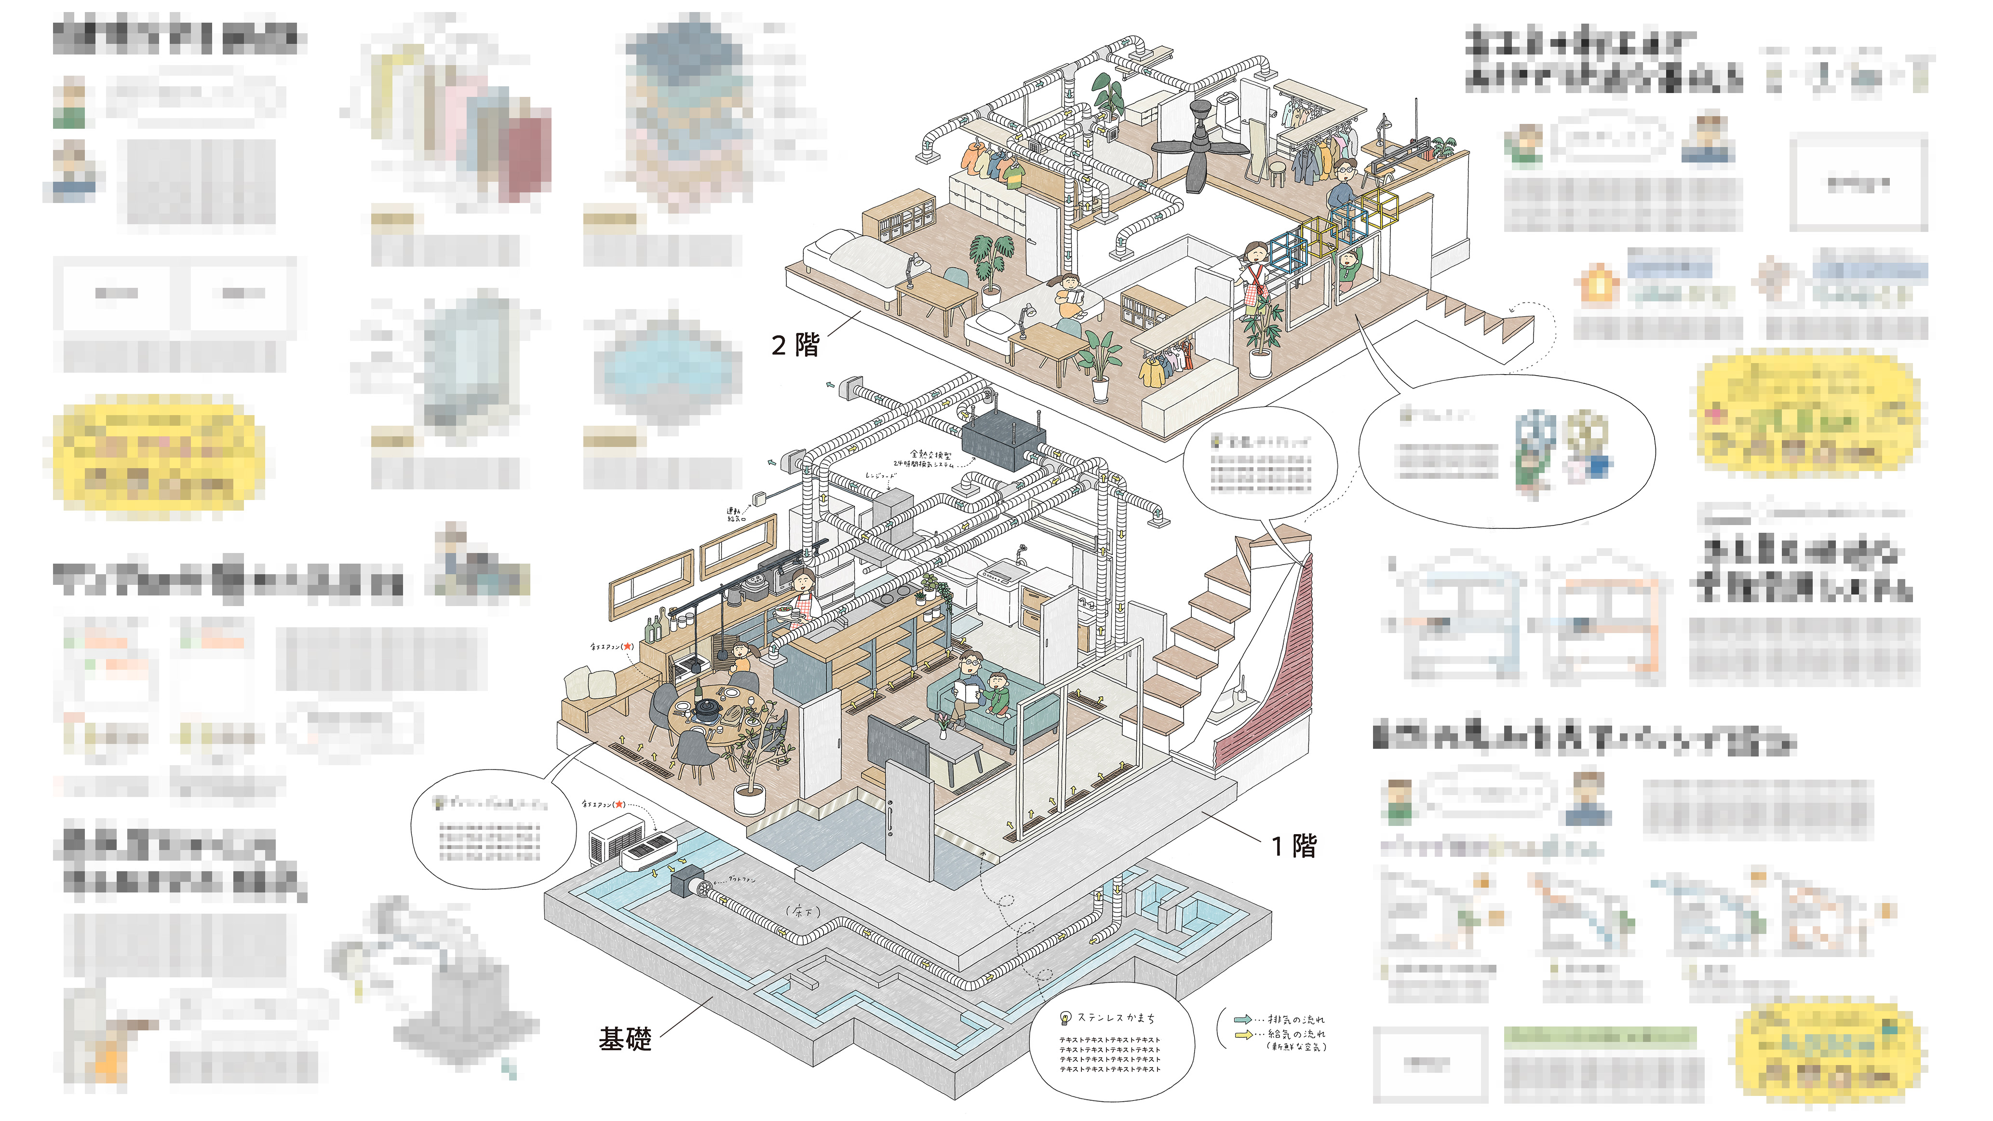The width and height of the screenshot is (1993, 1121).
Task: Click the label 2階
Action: tap(795, 344)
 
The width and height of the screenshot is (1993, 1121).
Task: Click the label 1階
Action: tap(1293, 846)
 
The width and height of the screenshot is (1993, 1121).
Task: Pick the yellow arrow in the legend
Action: tap(1242, 1034)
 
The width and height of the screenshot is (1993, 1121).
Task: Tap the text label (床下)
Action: tap(802, 911)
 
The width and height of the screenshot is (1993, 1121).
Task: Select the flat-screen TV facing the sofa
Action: tap(898, 746)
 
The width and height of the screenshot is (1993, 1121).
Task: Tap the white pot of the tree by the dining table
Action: tap(749, 799)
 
